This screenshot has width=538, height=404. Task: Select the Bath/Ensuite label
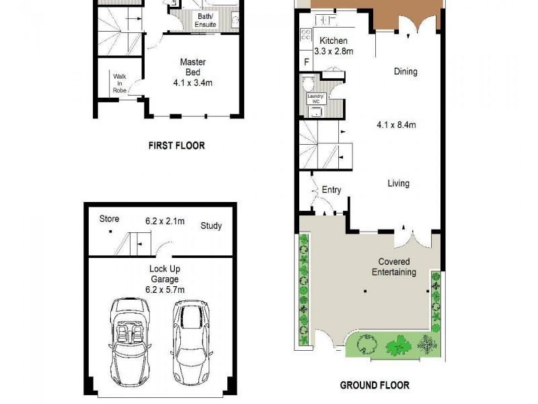coord(205,21)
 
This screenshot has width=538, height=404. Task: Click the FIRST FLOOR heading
coord(176,145)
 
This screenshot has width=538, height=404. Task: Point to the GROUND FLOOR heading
coord(375,386)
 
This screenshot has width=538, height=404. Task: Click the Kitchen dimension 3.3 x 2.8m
coord(334,51)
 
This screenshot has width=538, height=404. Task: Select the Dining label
coord(406,71)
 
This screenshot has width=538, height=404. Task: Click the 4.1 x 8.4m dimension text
coord(396,125)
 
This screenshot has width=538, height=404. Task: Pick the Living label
coord(397,183)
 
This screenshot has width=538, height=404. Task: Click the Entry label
coord(331,190)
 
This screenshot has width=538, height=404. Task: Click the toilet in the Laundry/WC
coord(308,84)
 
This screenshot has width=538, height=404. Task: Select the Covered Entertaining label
coord(393,267)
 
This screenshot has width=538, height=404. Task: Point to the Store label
coord(109,219)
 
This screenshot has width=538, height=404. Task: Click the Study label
coord(210,226)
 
